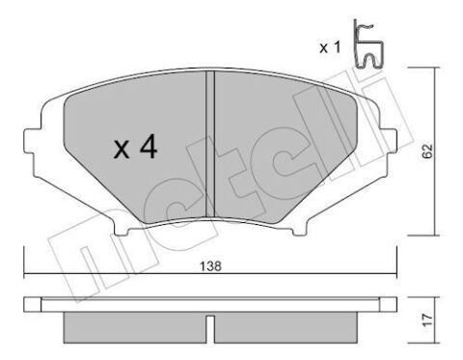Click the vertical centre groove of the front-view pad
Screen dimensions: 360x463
[x=210, y=145]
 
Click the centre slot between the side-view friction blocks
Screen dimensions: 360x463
[x=210, y=323]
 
